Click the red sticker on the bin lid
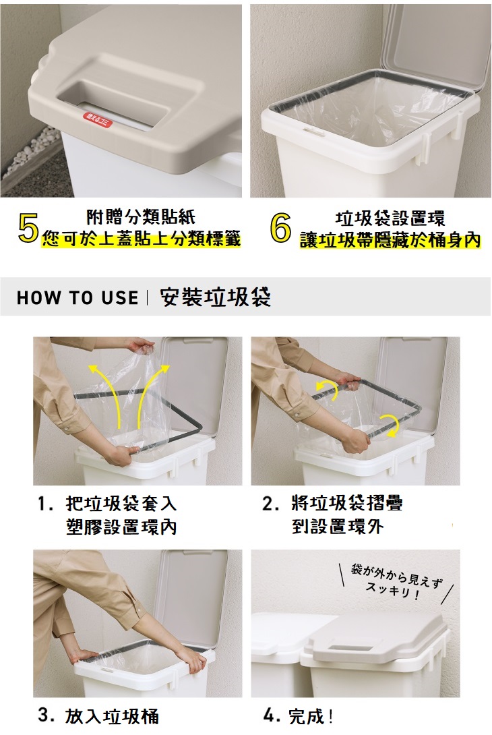point(98,120)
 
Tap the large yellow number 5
point(28,229)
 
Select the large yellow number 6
point(280,229)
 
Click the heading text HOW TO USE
point(78,297)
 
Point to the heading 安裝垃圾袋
point(216,297)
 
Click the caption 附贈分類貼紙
point(141,216)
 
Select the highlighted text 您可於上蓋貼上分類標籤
point(141,239)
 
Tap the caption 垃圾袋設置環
point(390,218)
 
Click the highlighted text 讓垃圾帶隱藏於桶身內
point(390,240)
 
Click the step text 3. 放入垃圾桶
point(98,715)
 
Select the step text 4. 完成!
point(299,715)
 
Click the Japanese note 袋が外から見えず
point(396,576)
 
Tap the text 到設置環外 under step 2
point(338,527)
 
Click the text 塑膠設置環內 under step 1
point(121,527)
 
